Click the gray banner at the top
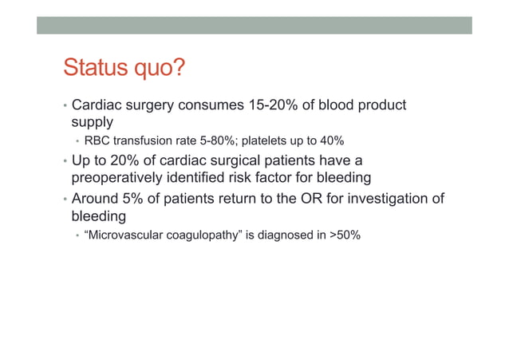click(x=254, y=25)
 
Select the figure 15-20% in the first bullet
click(x=280, y=105)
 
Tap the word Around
click(x=96, y=198)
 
